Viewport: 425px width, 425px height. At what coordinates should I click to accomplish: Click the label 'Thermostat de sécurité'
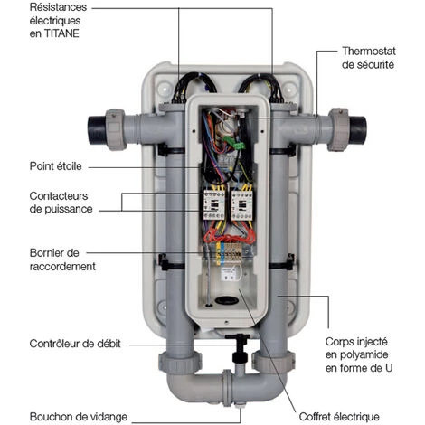(x=368, y=58)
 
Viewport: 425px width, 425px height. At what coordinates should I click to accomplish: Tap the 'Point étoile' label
(x=56, y=166)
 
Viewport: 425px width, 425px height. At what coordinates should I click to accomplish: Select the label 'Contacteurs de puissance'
(x=61, y=203)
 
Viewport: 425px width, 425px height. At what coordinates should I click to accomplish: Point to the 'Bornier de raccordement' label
(x=62, y=260)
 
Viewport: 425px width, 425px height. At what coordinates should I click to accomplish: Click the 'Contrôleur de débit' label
(x=75, y=344)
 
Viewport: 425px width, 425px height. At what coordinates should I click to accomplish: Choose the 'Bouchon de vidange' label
(x=79, y=417)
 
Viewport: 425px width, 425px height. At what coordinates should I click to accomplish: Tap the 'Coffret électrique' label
(x=339, y=417)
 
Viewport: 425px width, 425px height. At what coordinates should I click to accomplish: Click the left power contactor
(x=214, y=204)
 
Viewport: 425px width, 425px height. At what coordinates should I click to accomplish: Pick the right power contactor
(x=241, y=204)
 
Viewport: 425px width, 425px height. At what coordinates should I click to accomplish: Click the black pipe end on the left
(x=97, y=130)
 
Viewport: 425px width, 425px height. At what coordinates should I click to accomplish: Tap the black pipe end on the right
(x=358, y=130)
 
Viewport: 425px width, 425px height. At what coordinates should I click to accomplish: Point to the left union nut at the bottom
(x=180, y=363)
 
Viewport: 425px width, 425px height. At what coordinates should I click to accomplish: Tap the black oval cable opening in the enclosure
(x=227, y=300)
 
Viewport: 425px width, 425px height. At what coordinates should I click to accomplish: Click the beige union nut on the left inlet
(x=116, y=130)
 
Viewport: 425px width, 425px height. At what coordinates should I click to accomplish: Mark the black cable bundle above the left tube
(x=194, y=87)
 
